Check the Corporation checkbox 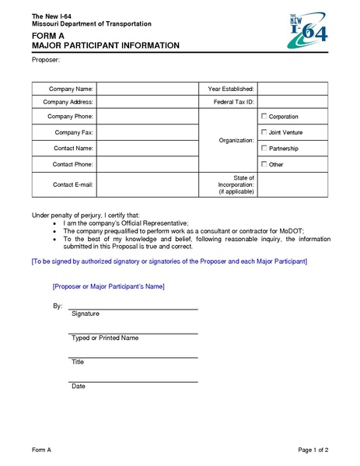[x=264, y=116]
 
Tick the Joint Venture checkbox [x=264, y=132]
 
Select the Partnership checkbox [x=264, y=148]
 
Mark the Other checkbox [x=264, y=164]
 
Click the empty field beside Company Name [x=148, y=89]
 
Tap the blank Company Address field [x=148, y=102]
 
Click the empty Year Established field [x=292, y=89]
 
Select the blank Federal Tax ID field [x=292, y=102]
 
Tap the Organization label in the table [x=236, y=140]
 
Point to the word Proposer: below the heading [x=45, y=59]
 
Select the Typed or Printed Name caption [x=104, y=338]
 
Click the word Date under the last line [x=78, y=386]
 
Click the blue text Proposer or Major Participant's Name [x=108, y=286]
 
